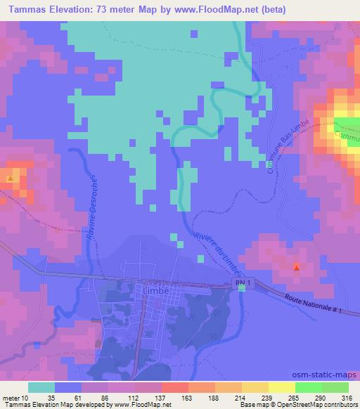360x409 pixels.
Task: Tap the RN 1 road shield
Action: (x=241, y=282)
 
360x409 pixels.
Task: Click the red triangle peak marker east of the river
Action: (x=296, y=267)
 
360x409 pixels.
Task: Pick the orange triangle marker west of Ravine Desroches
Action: (x=10, y=178)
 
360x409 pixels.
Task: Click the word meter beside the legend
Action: (x=11, y=397)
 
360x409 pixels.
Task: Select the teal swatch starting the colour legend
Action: (x=41, y=387)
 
